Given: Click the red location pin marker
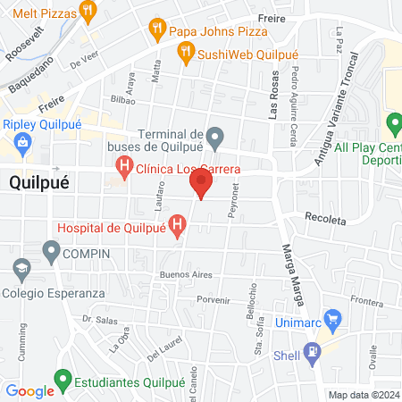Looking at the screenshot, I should click(201, 184).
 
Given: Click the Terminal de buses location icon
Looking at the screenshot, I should click(214, 138).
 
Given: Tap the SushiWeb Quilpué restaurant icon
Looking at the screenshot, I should click(186, 54).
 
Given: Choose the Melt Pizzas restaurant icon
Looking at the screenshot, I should click(87, 12).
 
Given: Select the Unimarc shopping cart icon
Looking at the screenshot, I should click(333, 317).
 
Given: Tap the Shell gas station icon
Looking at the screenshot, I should click(313, 351).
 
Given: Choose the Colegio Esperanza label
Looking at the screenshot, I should click(54, 292).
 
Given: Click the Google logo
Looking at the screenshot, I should click(29, 390).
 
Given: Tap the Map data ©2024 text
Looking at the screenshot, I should click(363, 394).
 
